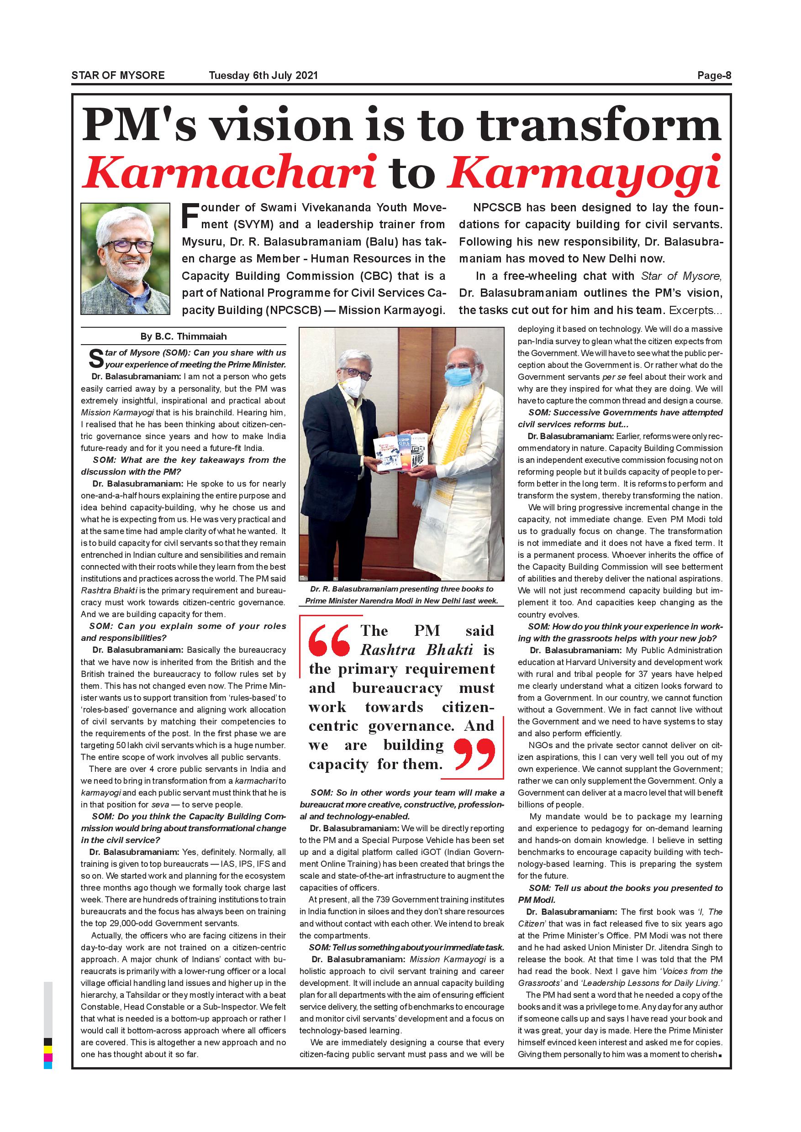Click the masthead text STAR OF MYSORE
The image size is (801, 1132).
(118, 75)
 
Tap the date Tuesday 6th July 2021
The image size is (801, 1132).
(263, 75)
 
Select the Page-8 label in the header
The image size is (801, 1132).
(714, 75)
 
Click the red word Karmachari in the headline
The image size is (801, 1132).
(230, 173)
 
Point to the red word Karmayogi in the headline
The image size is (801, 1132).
(584, 173)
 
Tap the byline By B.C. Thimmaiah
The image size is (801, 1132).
(184, 336)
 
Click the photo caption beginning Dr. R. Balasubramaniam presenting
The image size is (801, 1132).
(401, 595)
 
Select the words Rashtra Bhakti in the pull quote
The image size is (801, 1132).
(416, 650)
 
